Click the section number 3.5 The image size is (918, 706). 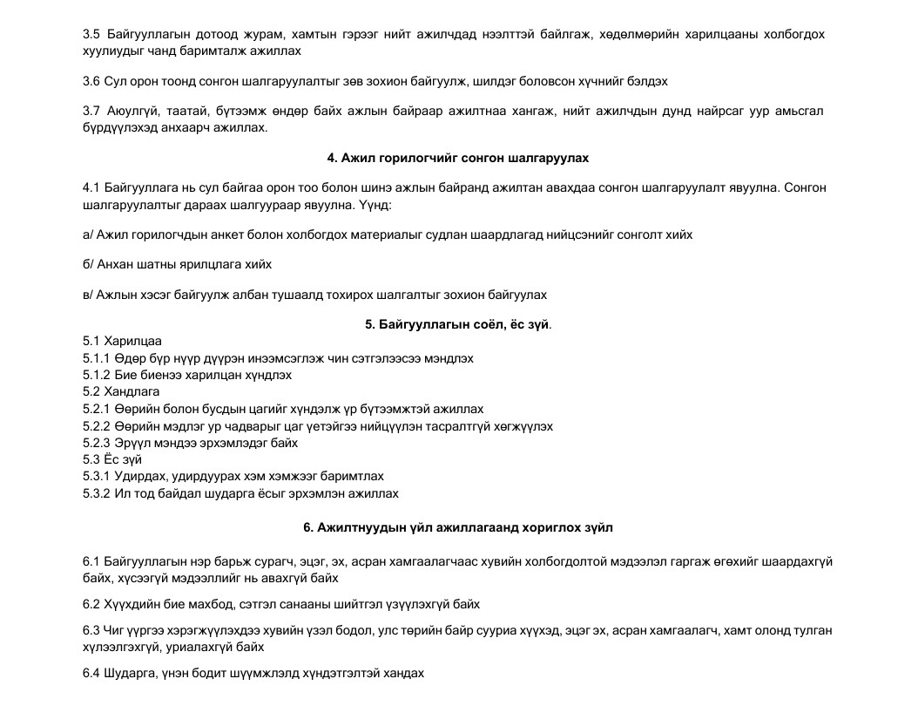[x=91, y=35]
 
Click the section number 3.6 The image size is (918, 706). [x=91, y=81]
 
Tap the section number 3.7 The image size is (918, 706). [x=91, y=111]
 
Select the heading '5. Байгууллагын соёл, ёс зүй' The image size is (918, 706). [x=457, y=325]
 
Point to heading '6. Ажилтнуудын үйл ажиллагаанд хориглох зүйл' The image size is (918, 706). [x=458, y=528]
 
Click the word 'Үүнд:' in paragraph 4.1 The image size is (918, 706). [x=375, y=205]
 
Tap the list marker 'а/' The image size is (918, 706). [x=88, y=234]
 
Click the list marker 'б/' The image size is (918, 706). [x=88, y=264]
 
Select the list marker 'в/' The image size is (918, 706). [x=88, y=295]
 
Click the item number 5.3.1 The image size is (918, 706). [x=97, y=477]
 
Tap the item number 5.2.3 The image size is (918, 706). [x=97, y=443]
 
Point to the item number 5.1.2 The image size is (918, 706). [x=97, y=376]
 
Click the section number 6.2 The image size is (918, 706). [x=91, y=604]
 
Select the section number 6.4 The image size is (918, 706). [x=91, y=673]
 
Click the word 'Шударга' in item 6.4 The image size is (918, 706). [x=132, y=673]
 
